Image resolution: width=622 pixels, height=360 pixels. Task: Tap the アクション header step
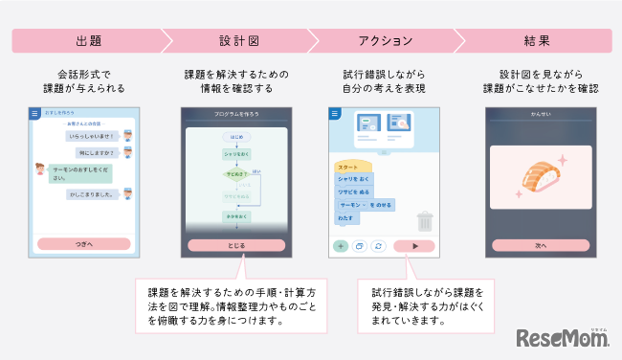click(383, 41)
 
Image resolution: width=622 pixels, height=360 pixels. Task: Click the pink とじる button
click(235, 245)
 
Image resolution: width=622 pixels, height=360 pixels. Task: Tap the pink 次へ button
click(543, 245)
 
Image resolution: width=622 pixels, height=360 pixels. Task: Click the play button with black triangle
click(413, 246)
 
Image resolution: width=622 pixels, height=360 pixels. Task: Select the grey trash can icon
click(425, 222)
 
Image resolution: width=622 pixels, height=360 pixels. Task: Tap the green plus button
click(340, 246)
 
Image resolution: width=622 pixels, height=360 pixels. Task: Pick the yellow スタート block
click(350, 166)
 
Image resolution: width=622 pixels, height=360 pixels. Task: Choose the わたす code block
click(347, 218)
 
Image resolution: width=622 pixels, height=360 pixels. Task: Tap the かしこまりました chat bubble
click(91, 194)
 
